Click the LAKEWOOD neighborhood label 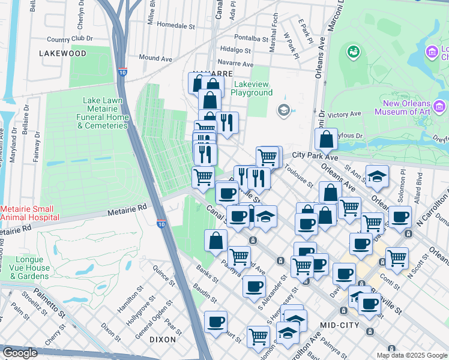click(x=63, y=53)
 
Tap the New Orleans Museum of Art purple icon click(x=440, y=107)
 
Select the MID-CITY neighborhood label click(x=340, y=325)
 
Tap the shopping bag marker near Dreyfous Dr click(x=326, y=139)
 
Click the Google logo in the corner click(x=20, y=353)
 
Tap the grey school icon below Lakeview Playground click(x=283, y=110)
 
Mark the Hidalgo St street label click(x=235, y=50)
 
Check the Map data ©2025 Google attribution click(x=411, y=355)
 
